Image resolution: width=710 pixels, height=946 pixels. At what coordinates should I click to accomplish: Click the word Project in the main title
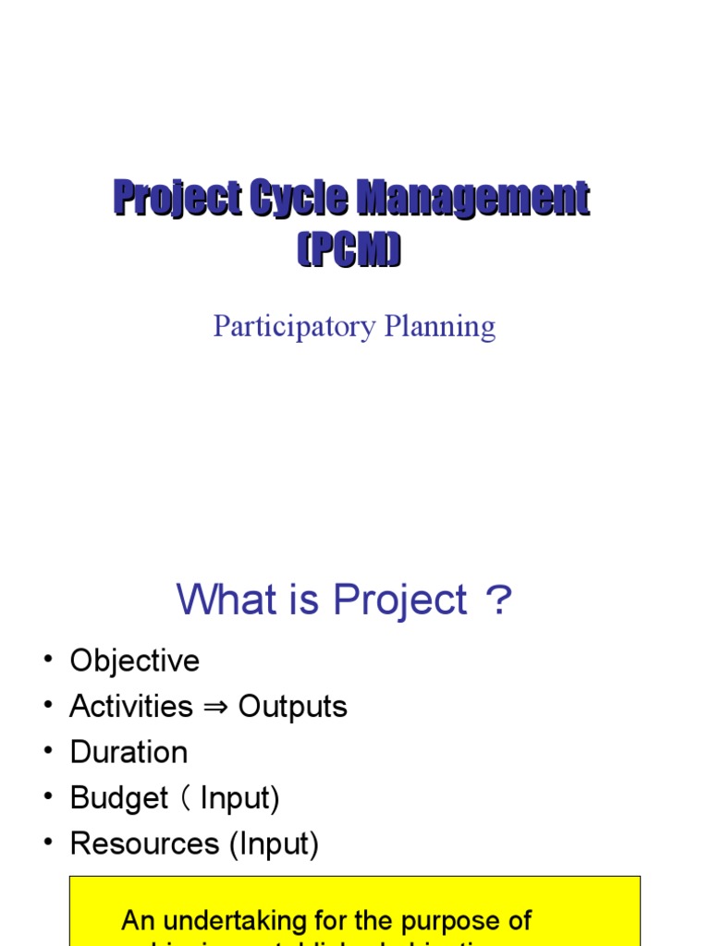(x=177, y=200)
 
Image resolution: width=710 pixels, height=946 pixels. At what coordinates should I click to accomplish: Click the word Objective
(x=135, y=661)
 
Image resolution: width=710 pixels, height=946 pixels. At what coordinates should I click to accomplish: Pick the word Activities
(x=131, y=707)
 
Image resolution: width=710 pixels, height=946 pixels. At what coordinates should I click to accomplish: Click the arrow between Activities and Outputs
(x=215, y=708)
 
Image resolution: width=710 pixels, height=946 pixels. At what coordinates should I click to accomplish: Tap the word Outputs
(x=293, y=707)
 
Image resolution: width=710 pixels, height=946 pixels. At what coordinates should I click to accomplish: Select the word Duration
(x=129, y=752)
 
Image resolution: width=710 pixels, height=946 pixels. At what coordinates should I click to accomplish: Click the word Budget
(x=119, y=798)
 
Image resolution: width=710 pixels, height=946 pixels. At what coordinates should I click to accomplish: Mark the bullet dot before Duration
(x=47, y=752)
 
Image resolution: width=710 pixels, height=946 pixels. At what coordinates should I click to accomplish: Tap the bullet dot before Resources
(x=47, y=843)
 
